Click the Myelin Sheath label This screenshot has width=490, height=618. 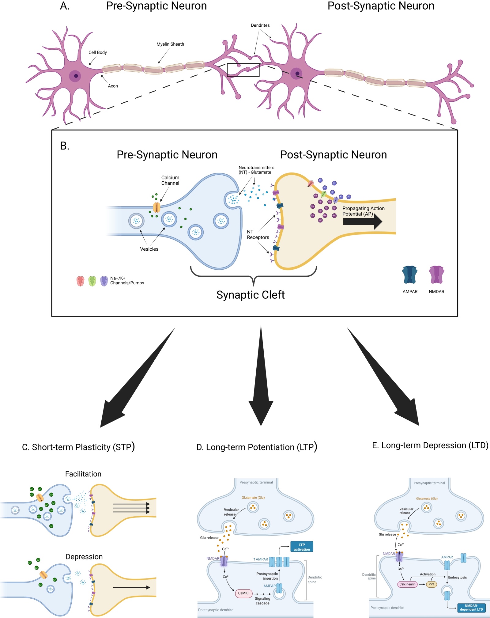[x=170, y=44]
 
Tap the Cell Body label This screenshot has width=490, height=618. [x=97, y=52]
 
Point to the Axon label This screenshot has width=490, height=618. [x=113, y=86]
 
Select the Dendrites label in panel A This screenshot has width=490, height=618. [x=260, y=25]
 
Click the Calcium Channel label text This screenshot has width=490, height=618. [x=170, y=180]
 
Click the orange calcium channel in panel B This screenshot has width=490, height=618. [x=156, y=207]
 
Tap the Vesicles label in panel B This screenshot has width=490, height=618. [x=149, y=249]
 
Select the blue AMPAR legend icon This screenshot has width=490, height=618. [x=410, y=275]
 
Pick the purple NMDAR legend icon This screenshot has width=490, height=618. [x=436, y=275]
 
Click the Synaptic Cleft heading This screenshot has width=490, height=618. [x=251, y=295]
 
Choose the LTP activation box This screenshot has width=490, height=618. [x=302, y=547]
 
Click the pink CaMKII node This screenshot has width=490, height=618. [x=244, y=593]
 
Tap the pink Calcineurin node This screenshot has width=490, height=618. [x=407, y=584]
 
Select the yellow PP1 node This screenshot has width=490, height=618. [x=431, y=584]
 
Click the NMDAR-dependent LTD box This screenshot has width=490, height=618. [x=471, y=608]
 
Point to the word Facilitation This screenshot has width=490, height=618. [x=83, y=474]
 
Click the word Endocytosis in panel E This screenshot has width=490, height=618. [x=457, y=578]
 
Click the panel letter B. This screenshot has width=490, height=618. [x=65, y=146]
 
